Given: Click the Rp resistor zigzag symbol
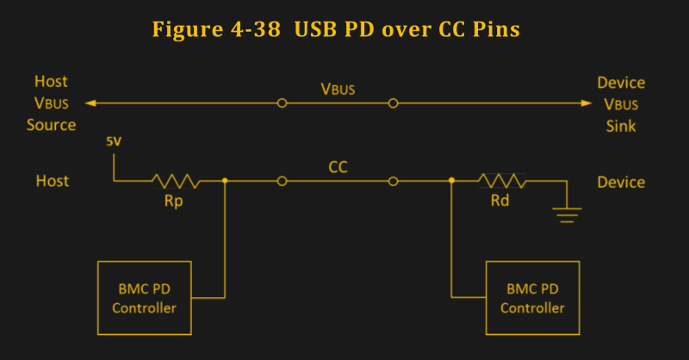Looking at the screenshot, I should [x=176, y=181].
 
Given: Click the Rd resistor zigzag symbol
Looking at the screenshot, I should [x=503, y=181].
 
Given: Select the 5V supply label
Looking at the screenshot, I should [x=114, y=142].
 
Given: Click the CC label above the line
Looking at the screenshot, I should [x=338, y=165].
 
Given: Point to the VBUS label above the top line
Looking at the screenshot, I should [x=338, y=89].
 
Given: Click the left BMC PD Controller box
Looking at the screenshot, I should [x=142, y=298].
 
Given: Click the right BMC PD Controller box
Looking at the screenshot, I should [x=532, y=298].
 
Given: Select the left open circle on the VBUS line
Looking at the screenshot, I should [x=282, y=103].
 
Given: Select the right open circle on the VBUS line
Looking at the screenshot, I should [x=393, y=103].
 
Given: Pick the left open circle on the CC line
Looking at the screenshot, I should [x=282, y=181].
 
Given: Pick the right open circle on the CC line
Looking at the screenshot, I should [x=393, y=181].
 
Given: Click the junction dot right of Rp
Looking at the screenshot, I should [x=225, y=181].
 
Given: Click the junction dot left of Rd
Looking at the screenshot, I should [x=451, y=181].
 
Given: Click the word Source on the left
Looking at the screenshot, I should [x=52, y=125].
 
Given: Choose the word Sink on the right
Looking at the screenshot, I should [x=619, y=125].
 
